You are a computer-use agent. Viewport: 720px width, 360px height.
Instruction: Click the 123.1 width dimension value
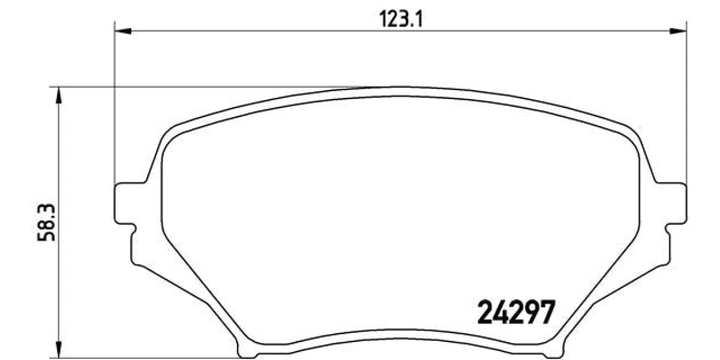click(401, 20)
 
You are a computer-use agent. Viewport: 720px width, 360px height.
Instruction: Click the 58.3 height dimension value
click(46, 222)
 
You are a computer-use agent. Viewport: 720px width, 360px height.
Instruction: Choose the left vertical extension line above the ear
click(114, 108)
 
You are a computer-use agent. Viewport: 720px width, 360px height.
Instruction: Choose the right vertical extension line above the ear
click(686, 108)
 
